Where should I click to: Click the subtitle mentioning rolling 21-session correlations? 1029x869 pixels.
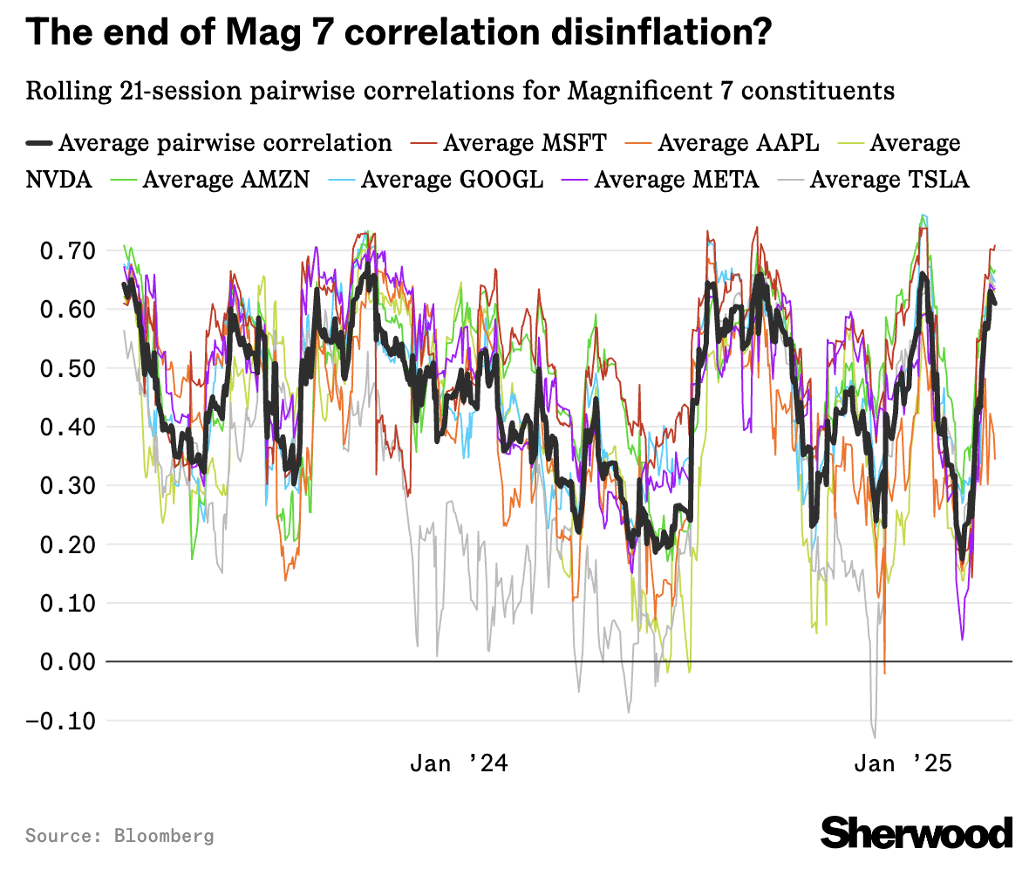(x=460, y=91)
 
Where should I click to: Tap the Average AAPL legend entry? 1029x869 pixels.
(x=738, y=142)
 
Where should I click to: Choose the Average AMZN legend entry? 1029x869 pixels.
(x=212, y=179)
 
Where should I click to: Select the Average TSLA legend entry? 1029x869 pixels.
(x=889, y=179)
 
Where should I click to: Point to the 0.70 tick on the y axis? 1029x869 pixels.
(x=66, y=251)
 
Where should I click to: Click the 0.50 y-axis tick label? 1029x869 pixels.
(x=66, y=368)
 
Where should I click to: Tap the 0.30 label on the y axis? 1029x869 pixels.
(x=66, y=486)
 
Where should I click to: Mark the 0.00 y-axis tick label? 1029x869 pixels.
(x=66, y=662)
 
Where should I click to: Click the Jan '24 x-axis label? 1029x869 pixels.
(x=459, y=764)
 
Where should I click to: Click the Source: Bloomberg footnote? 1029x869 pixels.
(x=119, y=836)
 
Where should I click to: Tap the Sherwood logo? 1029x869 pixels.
(x=917, y=832)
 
